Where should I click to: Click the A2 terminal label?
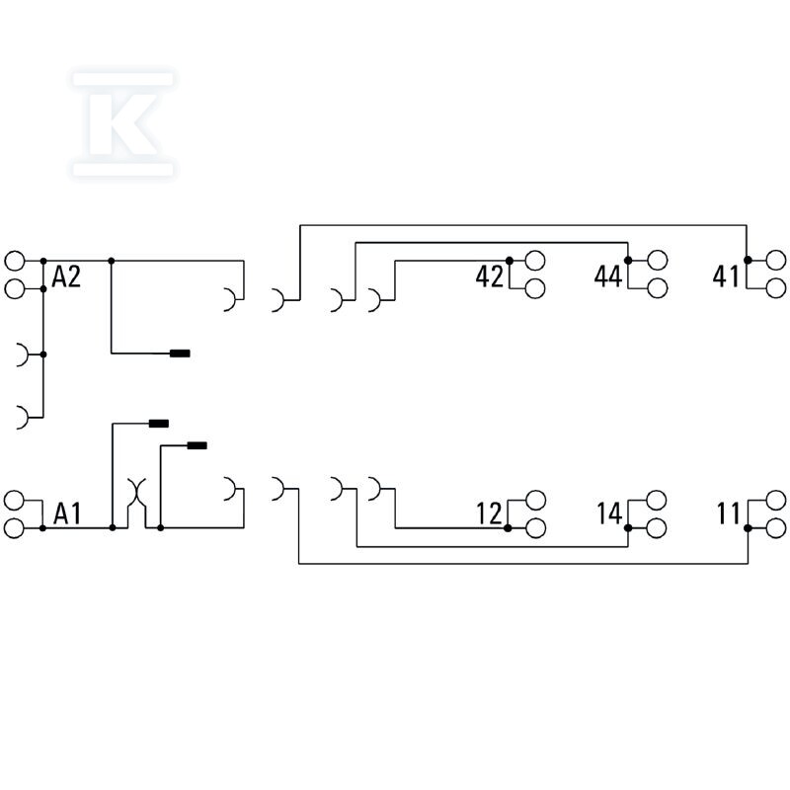point(66,276)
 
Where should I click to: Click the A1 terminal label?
point(67,513)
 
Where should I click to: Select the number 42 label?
point(489,276)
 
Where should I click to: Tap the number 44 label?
point(608,276)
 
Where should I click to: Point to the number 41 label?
point(726,276)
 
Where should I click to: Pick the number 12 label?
point(489,513)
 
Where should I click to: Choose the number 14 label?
point(609,513)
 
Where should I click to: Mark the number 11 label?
point(729,513)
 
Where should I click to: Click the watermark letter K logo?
point(123,124)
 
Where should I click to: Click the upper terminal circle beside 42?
point(535,261)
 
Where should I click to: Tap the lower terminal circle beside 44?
point(658,288)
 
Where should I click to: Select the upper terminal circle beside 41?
point(776,261)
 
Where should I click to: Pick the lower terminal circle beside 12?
point(535,528)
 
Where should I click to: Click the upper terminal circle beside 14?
point(657,501)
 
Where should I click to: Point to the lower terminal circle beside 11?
point(776,528)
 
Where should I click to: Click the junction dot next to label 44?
point(628,261)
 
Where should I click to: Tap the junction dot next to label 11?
point(748,528)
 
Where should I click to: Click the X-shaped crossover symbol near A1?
point(136,493)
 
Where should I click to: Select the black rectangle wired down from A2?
point(180,354)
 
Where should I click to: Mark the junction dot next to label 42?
point(510,261)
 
